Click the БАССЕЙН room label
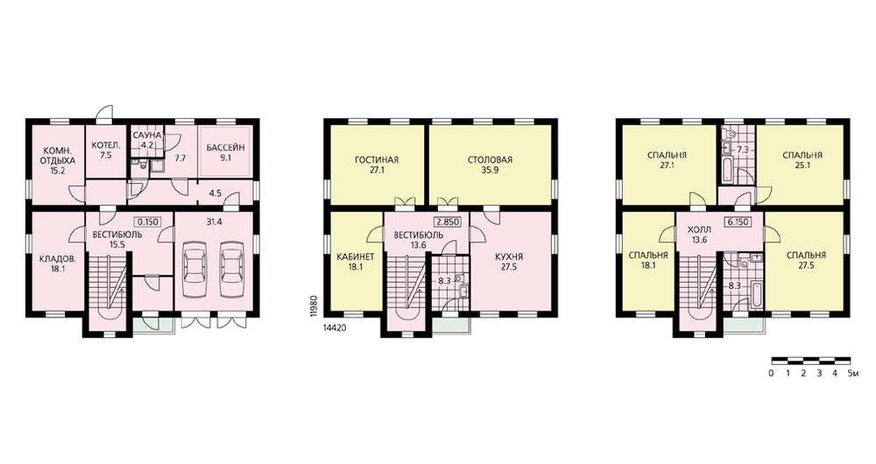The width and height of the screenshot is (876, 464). tap(226, 148)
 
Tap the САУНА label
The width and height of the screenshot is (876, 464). tap(147, 136)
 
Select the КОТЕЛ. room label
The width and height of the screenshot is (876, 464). tap(106, 145)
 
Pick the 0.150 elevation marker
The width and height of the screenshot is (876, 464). tap(148, 221)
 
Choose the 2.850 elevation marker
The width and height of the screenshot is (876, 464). tap(448, 221)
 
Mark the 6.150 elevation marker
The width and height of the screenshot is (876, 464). tap(738, 221)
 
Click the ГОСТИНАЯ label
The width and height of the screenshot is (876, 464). tap(377, 160)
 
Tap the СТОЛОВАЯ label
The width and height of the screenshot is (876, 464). tap(490, 160)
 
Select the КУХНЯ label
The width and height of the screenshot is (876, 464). tap(509, 257)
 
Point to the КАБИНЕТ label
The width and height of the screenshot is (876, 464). tap(356, 257)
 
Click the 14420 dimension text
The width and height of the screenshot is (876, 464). tap(335, 328)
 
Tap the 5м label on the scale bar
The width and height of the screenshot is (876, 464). tap(852, 374)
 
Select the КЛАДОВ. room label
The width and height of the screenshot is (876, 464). tap(57, 259)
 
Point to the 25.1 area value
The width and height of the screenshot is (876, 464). tap(802, 165)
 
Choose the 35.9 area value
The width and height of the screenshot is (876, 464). tap(490, 171)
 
